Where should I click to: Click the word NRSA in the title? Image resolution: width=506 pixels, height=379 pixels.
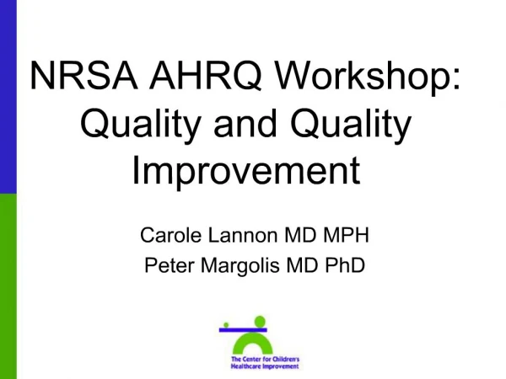click(83, 75)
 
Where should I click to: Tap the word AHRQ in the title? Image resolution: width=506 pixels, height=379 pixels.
click(205, 76)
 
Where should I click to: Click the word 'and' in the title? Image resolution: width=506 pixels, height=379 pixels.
click(245, 123)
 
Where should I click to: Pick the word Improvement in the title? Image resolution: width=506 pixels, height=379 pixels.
click(246, 170)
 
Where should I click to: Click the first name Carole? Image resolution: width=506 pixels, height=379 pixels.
click(170, 235)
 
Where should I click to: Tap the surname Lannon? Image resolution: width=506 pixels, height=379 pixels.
click(243, 235)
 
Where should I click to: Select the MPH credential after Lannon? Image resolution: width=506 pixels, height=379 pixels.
click(346, 235)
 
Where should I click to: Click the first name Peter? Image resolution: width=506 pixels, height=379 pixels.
click(170, 265)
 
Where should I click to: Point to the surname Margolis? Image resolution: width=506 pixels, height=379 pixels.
click(240, 266)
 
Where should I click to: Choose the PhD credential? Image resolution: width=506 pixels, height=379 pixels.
click(345, 265)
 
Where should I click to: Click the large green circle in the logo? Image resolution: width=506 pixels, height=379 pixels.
click(260, 322)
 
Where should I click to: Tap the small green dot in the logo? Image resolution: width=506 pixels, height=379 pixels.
click(226, 325)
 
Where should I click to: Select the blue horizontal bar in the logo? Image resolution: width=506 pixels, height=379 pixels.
click(243, 330)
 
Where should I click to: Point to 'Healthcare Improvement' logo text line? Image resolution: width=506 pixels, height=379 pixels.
click(265, 366)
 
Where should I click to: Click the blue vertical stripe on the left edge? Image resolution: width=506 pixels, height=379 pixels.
click(8, 97)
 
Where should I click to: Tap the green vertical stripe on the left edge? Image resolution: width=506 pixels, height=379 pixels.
click(8, 286)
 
